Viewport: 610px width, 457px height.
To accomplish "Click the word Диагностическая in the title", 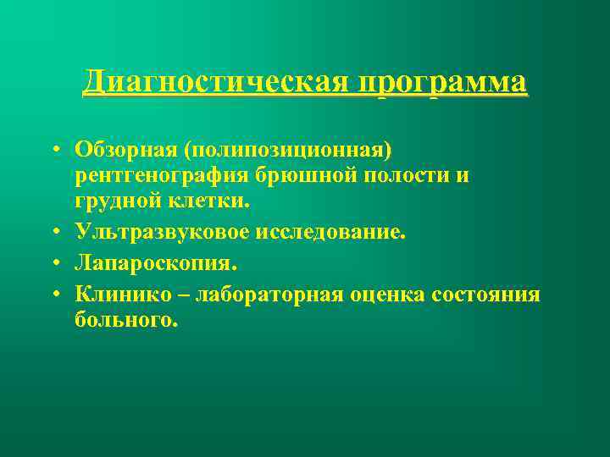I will click(215, 84).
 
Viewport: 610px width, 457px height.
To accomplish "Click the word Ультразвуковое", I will click(156, 232).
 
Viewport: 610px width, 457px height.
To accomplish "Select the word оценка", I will click(396, 294).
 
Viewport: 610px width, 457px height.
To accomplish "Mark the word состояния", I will click(485, 294).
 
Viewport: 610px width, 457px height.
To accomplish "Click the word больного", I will click(126, 322).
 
